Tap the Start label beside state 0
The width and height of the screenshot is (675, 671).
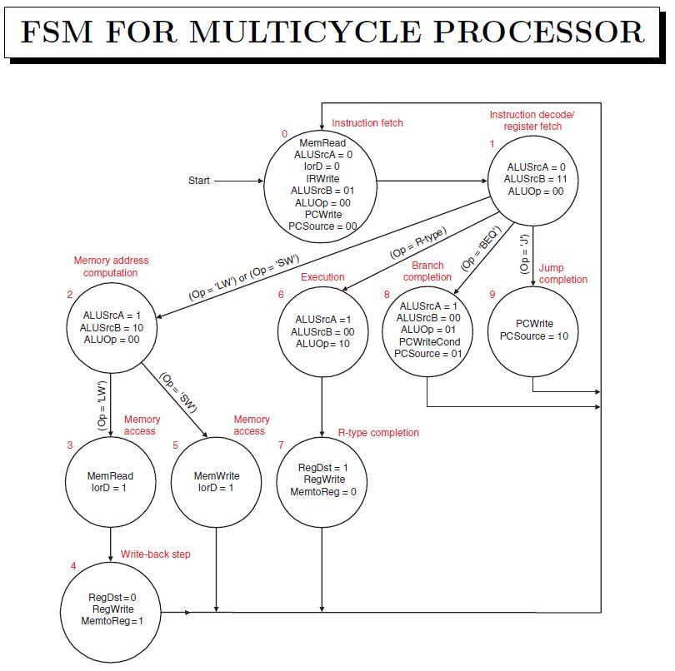pos(199,181)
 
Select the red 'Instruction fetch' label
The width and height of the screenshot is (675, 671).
pos(367,123)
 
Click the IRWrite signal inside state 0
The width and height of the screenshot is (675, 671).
pos(322,178)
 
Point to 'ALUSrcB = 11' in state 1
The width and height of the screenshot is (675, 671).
pos(535,179)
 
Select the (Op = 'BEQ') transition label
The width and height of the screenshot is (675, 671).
pos(479,247)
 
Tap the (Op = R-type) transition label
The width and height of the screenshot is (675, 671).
pos(417,242)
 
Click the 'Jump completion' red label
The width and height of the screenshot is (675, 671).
pos(562,274)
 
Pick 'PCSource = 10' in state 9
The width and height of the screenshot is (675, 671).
pos(533,336)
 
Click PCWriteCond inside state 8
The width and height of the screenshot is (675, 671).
pos(429,341)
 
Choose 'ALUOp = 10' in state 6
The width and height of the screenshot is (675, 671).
pos(322,343)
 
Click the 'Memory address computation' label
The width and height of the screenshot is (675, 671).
pos(105,266)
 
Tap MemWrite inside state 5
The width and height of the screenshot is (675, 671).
pos(217,476)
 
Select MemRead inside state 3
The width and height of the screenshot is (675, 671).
pos(110,476)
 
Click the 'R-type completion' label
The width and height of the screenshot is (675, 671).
pos(377,433)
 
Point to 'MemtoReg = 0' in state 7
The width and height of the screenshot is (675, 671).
pos(322,492)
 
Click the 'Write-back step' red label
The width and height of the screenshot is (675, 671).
pos(155,554)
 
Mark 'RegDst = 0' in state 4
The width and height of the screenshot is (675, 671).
pos(112,597)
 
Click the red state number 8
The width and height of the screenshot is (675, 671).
pos(386,295)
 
